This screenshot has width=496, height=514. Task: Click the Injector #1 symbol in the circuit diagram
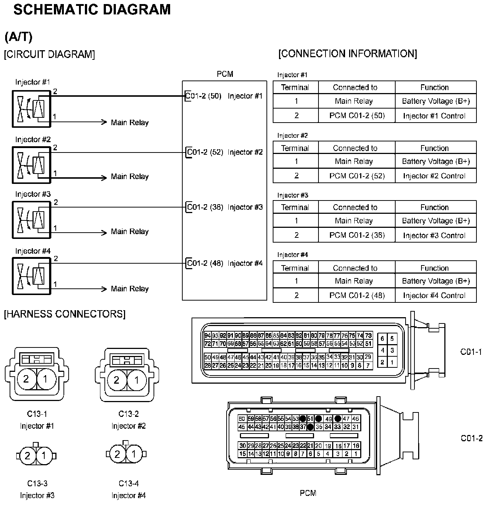(x=31, y=109)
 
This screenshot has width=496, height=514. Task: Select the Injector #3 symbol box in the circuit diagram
(x=31, y=220)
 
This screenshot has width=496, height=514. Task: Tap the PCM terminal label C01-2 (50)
(x=203, y=96)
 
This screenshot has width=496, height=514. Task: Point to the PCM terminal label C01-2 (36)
(x=205, y=207)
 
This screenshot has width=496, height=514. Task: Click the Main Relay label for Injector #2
(x=130, y=177)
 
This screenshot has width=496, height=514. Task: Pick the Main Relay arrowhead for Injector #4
(x=104, y=289)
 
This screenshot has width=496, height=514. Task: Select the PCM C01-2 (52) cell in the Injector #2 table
(x=356, y=176)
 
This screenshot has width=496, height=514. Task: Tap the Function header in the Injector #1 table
(x=435, y=88)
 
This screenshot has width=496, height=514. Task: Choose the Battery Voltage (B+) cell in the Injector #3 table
(x=435, y=221)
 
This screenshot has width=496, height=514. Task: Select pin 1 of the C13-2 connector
(x=137, y=380)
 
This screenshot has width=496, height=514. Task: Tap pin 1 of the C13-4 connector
(x=134, y=454)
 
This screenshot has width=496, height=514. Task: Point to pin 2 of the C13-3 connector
(x=28, y=456)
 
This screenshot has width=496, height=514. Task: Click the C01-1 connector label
(x=471, y=352)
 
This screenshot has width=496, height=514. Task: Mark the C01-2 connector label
(x=472, y=438)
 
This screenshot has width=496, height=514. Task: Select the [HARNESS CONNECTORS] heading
(x=65, y=314)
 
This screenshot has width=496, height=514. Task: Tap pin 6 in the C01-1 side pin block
(x=382, y=338)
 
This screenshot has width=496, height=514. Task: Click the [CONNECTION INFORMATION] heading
(x=348, y=54)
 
